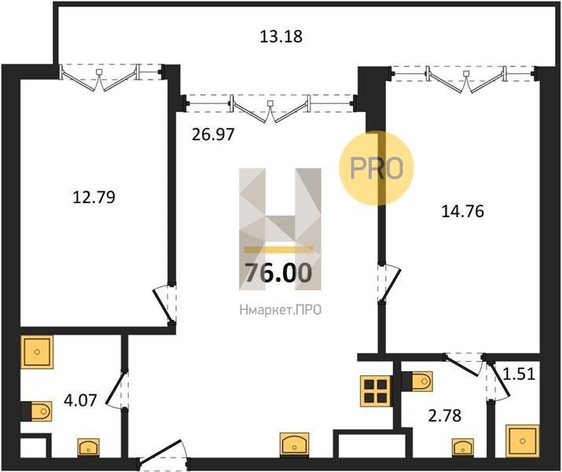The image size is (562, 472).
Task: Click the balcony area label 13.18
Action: coord(281,37)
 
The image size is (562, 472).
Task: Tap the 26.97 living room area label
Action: coord(213,135)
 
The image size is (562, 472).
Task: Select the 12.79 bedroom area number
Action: coord(94,197)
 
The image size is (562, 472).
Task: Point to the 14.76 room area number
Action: coord(463,212)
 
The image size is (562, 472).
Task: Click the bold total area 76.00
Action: coord(278,273)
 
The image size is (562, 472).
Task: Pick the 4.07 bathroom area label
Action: coord(80,400)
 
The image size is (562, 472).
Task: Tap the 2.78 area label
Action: coord(445,416)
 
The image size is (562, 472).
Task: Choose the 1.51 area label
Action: coord(520,374)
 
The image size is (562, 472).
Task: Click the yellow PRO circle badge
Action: coord(377,168)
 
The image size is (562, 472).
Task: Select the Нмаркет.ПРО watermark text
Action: coord(281,310)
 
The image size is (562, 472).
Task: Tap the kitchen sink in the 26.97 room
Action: coord(294,444)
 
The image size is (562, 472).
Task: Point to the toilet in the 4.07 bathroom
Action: coord(37,411)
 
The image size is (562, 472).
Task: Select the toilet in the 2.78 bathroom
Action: coord(417,382)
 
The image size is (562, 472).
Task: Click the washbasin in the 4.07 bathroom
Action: coord(89,448)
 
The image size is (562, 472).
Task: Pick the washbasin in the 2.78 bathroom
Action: coord(463,448)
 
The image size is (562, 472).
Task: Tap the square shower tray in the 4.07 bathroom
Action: coord(37,352)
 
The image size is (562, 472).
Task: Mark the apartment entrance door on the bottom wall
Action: coord(163,455)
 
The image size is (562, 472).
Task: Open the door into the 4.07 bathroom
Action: coord(118,390)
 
